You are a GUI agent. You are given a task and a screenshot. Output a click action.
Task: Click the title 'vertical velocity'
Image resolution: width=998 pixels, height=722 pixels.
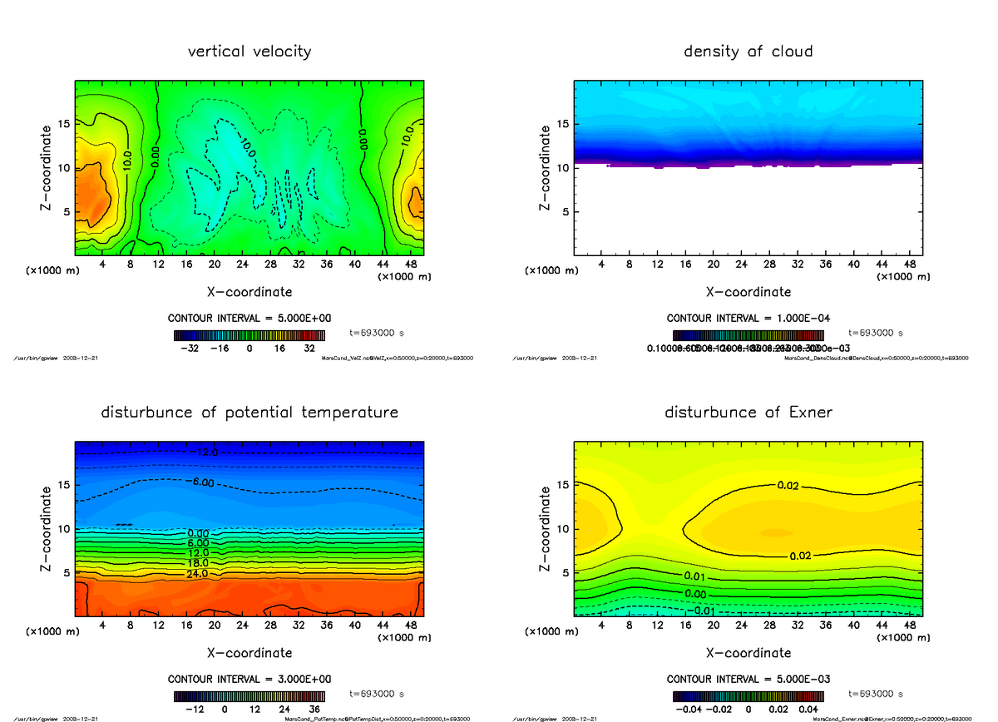pos(249,52)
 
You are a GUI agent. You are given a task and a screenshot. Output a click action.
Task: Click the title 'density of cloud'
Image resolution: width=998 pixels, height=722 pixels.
pos(748,52)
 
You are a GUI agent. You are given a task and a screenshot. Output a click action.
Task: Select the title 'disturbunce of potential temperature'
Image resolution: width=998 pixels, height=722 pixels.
pos(249,413)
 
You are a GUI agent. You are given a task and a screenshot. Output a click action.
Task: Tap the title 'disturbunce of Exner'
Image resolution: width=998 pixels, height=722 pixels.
pos(748,413)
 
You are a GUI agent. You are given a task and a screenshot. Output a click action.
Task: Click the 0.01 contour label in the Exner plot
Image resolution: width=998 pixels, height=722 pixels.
pos(695,576)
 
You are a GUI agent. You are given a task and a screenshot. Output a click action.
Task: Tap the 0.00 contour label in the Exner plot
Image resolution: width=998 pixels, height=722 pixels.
pos(695,594)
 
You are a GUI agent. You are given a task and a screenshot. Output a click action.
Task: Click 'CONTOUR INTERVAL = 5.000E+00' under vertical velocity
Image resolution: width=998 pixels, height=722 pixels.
pos(249,319)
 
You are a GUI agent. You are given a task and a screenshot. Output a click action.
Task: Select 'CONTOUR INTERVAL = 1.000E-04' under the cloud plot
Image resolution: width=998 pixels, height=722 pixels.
pos(748,319)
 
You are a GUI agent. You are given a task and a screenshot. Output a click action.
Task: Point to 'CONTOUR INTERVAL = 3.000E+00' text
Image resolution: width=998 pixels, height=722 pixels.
pos(249,680)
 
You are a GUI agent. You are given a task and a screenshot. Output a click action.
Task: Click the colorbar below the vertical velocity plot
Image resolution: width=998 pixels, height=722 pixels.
pos(249,335)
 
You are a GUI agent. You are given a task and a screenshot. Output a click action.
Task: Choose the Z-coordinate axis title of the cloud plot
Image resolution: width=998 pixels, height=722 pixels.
pos(546,167)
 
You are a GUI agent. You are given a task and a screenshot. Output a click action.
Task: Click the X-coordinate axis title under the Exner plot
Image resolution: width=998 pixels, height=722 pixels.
pos(748,653)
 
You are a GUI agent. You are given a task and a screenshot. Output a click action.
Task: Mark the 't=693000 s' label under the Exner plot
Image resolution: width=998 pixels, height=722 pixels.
pos(875,694)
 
